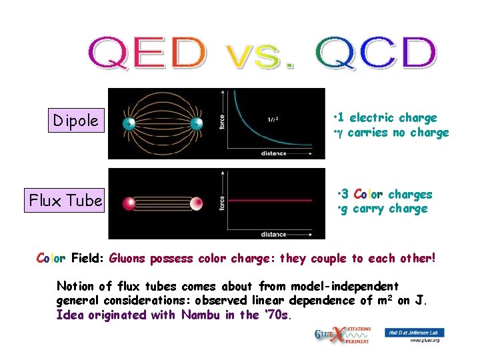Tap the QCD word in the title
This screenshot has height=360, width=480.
coord(375,53)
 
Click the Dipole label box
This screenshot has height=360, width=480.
coord(77,121)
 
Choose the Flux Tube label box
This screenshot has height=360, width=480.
coord(65,200)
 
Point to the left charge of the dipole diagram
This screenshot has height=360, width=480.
coord(129,124)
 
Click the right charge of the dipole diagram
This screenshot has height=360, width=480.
coord(196,124)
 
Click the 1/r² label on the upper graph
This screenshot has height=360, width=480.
coord(273,120)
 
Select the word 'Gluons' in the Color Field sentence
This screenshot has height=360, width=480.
coord(131,258)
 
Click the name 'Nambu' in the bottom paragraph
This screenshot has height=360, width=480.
coord(201,315)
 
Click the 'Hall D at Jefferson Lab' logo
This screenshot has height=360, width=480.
coord(415,332)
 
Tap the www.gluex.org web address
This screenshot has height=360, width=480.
coord(425,341)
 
